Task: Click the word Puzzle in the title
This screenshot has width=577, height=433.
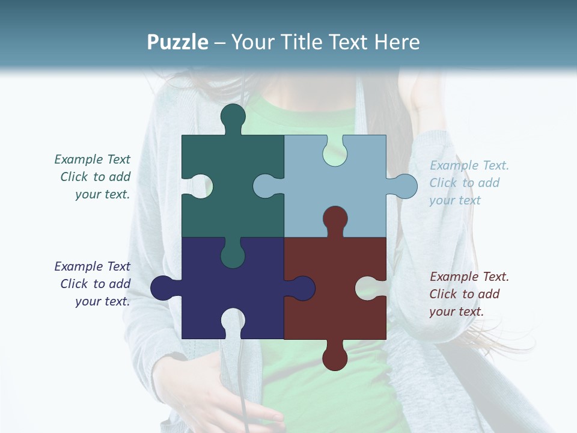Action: (x=178, y=42)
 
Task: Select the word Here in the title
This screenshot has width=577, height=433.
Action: (x=397, y=42)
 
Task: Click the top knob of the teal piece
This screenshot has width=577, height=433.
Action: (x=233, y=117)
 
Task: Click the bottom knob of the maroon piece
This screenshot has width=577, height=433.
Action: (x=335, y=357)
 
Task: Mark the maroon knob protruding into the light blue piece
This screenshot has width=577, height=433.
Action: (x=335, y=220)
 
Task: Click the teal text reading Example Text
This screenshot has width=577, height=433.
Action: (x=92, y=159)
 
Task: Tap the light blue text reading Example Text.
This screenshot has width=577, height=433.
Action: (x=469, y=165)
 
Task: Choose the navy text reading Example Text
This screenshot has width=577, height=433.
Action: (x=92, y=266)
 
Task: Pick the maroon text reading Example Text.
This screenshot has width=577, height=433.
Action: (x=469, y=277)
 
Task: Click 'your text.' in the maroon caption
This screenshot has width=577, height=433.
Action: (x=456, y=312)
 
